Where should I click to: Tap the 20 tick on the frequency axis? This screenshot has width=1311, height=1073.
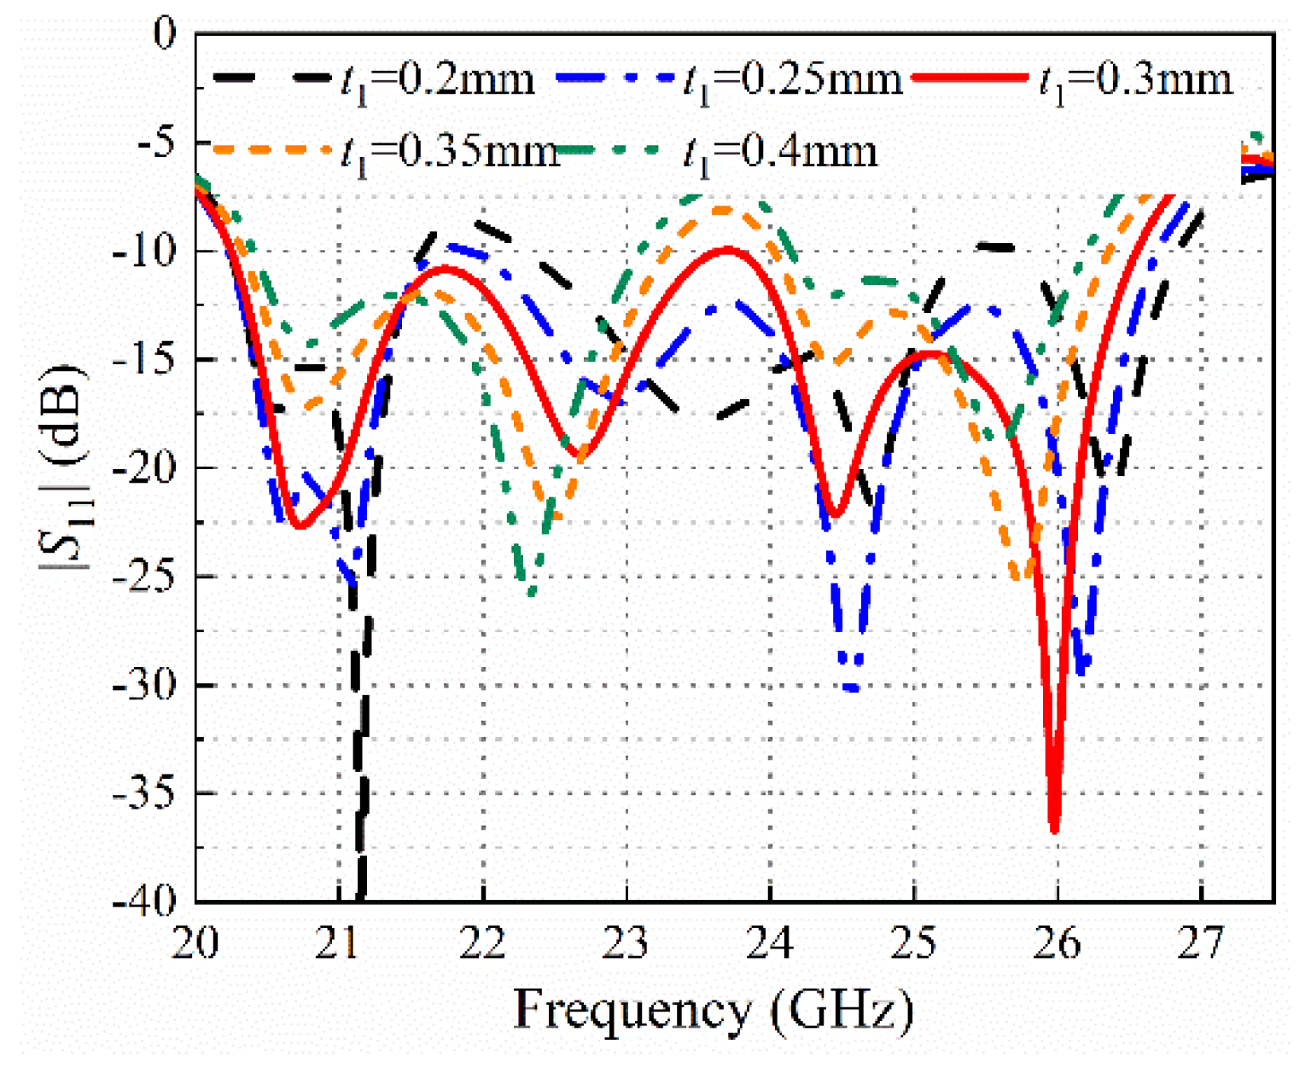[x=195, y=943]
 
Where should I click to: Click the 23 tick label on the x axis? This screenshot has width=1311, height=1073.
[x=626, y=943]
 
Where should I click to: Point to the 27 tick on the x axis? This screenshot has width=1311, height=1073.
[x=1201, y=943]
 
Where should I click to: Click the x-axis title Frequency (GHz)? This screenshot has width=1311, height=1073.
[x=714, y=1010]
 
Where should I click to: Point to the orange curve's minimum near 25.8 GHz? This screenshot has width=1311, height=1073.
[x=1023, y=578]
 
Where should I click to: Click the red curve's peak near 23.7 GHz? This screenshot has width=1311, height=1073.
[x=727, y=249]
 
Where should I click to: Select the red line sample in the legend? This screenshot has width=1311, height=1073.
[x=970, y=78]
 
